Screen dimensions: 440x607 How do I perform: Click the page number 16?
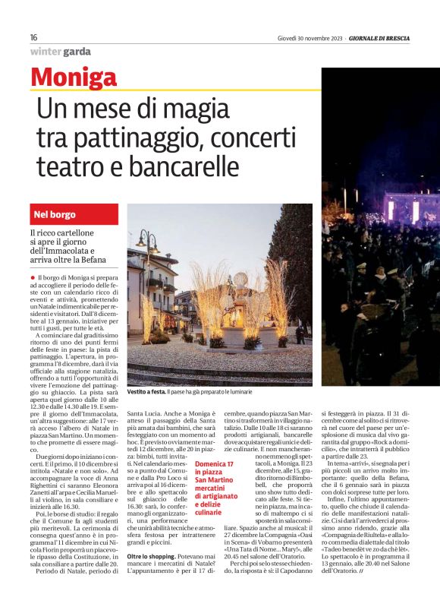(34, 37)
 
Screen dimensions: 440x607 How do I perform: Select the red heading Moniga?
(74, 78)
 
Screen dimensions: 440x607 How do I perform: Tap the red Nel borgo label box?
(74, 215)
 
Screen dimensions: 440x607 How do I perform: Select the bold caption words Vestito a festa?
(146, 392)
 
